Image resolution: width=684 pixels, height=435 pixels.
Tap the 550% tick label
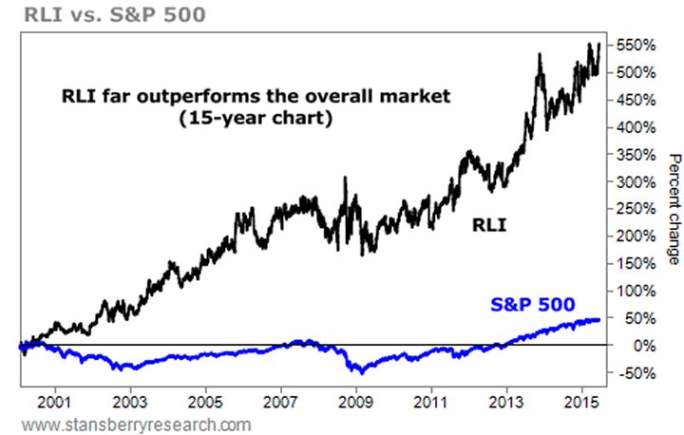click(x=633, y=45)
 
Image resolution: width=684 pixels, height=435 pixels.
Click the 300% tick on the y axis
click(x=633, y=181)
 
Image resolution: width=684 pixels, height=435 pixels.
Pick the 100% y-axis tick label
click(x=633, y=291)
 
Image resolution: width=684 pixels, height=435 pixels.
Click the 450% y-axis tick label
click(x=633, y=100)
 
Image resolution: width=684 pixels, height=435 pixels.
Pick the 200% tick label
click(x=633, y=236)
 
